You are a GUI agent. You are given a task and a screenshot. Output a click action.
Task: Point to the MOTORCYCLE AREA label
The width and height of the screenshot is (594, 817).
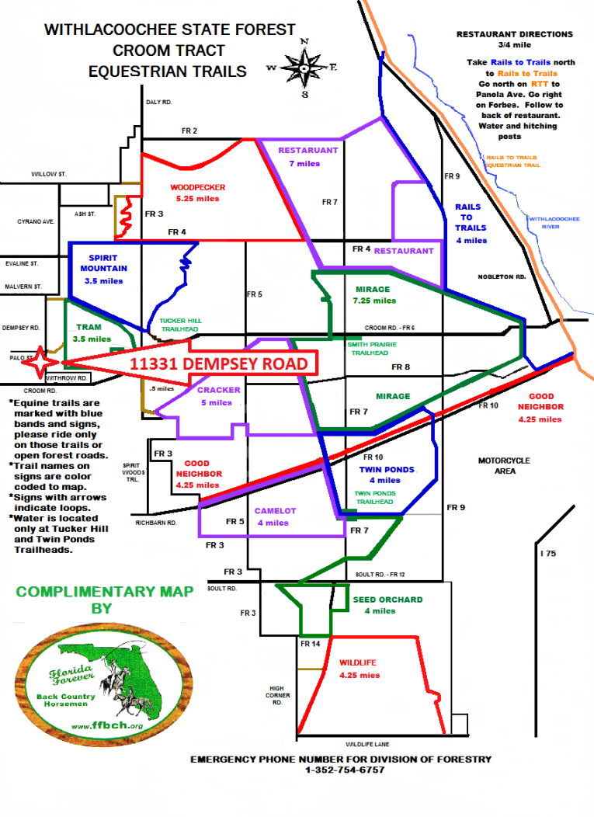pos(504,465)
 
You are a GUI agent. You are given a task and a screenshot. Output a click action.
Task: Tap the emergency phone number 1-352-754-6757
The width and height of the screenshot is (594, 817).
pos(340,770)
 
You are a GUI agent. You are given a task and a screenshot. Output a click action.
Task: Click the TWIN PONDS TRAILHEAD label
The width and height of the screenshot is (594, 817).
pos(373,497)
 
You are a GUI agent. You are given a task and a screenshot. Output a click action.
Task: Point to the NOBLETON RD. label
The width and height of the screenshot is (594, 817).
pos(502,276)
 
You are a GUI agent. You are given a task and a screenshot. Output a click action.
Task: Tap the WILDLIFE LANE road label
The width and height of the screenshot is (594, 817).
pos(365,743)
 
